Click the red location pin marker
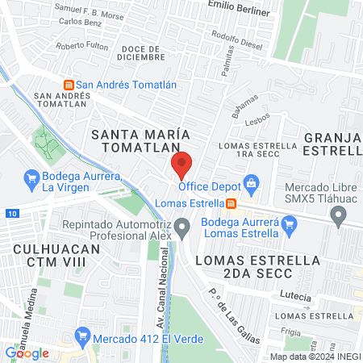point(182,165)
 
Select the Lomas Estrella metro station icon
point(231,203)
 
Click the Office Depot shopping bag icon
point(252,183)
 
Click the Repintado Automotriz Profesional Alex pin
point(183,229)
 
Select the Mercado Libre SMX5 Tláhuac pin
point(340,215)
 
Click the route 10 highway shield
point(10,213)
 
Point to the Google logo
point(27,353)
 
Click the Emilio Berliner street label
point(238,5)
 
